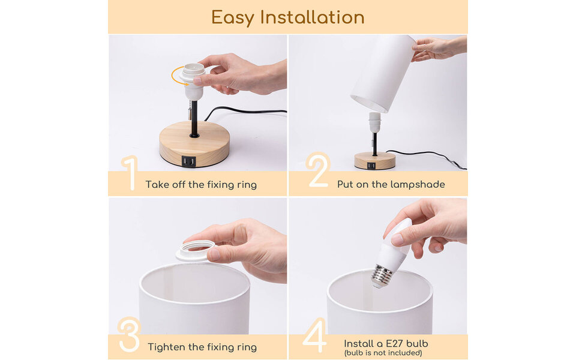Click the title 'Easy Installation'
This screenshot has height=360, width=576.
287,17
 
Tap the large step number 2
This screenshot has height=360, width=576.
317,171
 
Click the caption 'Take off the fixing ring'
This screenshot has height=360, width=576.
201,185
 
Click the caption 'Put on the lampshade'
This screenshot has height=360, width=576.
391,185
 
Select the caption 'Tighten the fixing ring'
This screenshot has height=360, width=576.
202,347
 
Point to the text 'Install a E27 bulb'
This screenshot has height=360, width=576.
386,344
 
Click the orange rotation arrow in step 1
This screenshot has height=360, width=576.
176,76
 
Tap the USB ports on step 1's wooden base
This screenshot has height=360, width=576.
188,161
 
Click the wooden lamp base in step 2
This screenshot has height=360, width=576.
374,160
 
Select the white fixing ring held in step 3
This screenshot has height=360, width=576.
195,249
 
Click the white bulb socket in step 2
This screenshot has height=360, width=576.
374,122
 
